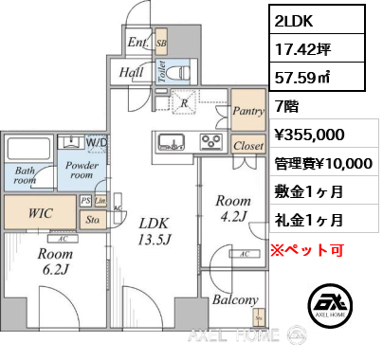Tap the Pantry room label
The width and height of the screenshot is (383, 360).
(247, 109)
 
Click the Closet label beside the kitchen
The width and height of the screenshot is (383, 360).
(247, 146)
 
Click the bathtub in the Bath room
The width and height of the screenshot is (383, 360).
(30, 150)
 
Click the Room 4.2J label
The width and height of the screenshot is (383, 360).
(233, 208)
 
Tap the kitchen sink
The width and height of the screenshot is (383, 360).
(172, 144)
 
